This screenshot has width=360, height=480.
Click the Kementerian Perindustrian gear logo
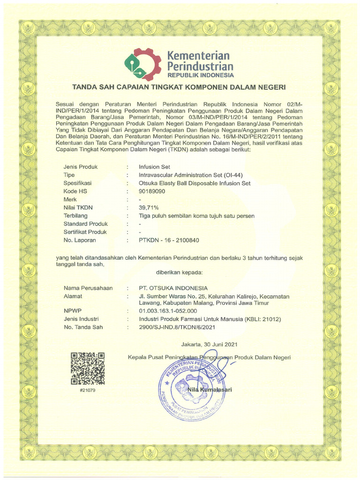coord(142,64)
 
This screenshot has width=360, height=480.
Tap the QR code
coord(87,368)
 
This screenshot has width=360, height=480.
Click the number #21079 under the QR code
coord(87,390)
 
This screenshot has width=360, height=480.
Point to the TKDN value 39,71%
coord(149,208)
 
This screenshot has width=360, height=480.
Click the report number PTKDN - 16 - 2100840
coord(169,240)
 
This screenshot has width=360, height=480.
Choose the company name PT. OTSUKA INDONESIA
coord(173,288)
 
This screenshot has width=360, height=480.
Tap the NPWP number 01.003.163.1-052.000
coord(168,311)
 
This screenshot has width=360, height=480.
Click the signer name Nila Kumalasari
coord(210,390)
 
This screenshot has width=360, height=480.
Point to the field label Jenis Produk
coord(80,167)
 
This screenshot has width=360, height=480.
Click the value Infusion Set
coord(154,167)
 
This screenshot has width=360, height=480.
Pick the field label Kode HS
coord(75,191)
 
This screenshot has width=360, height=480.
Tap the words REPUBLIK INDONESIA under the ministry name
coord(200,75)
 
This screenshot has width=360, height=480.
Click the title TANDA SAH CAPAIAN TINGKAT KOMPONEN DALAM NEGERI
coord(179,87)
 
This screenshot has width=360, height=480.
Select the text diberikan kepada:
coord(179,272)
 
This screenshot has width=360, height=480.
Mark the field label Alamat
coord(73,296)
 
